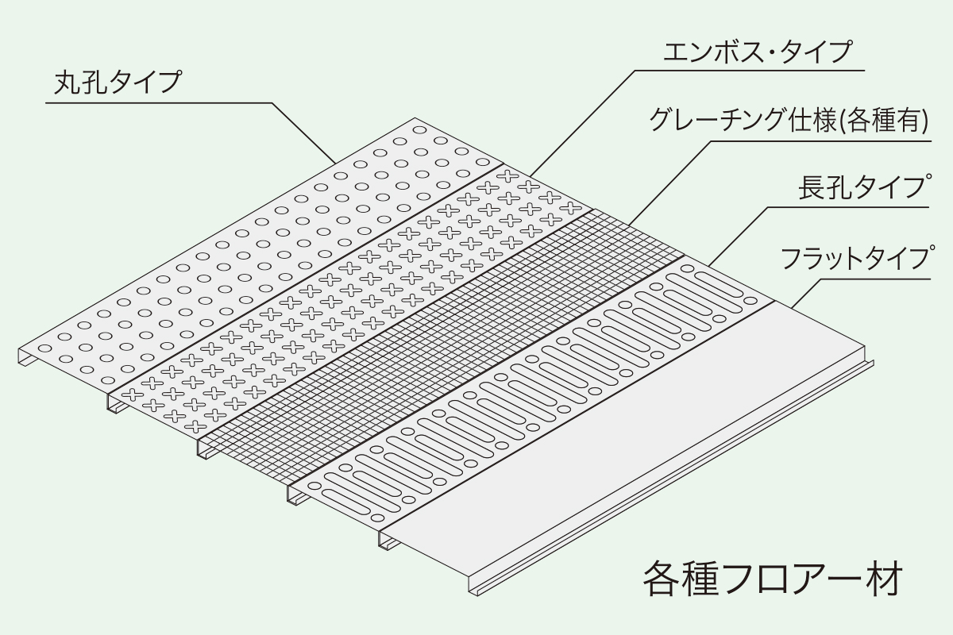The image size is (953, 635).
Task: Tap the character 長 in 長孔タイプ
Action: (x=813, y=190)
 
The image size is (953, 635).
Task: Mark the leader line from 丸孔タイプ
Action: (x=302, y=131)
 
